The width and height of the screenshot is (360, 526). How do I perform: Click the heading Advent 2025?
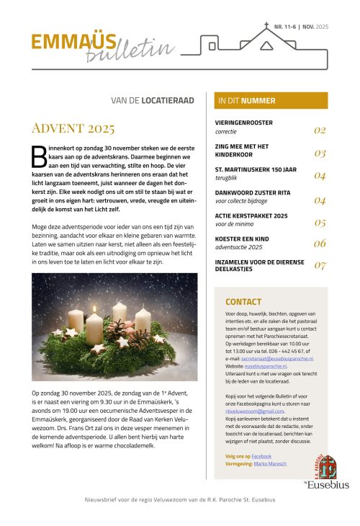(73, 129)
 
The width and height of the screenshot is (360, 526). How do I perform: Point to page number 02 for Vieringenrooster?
(320, 130)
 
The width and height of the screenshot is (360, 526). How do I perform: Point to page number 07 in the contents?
(320, 265)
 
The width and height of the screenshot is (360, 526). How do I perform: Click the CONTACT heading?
(243, 302)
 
